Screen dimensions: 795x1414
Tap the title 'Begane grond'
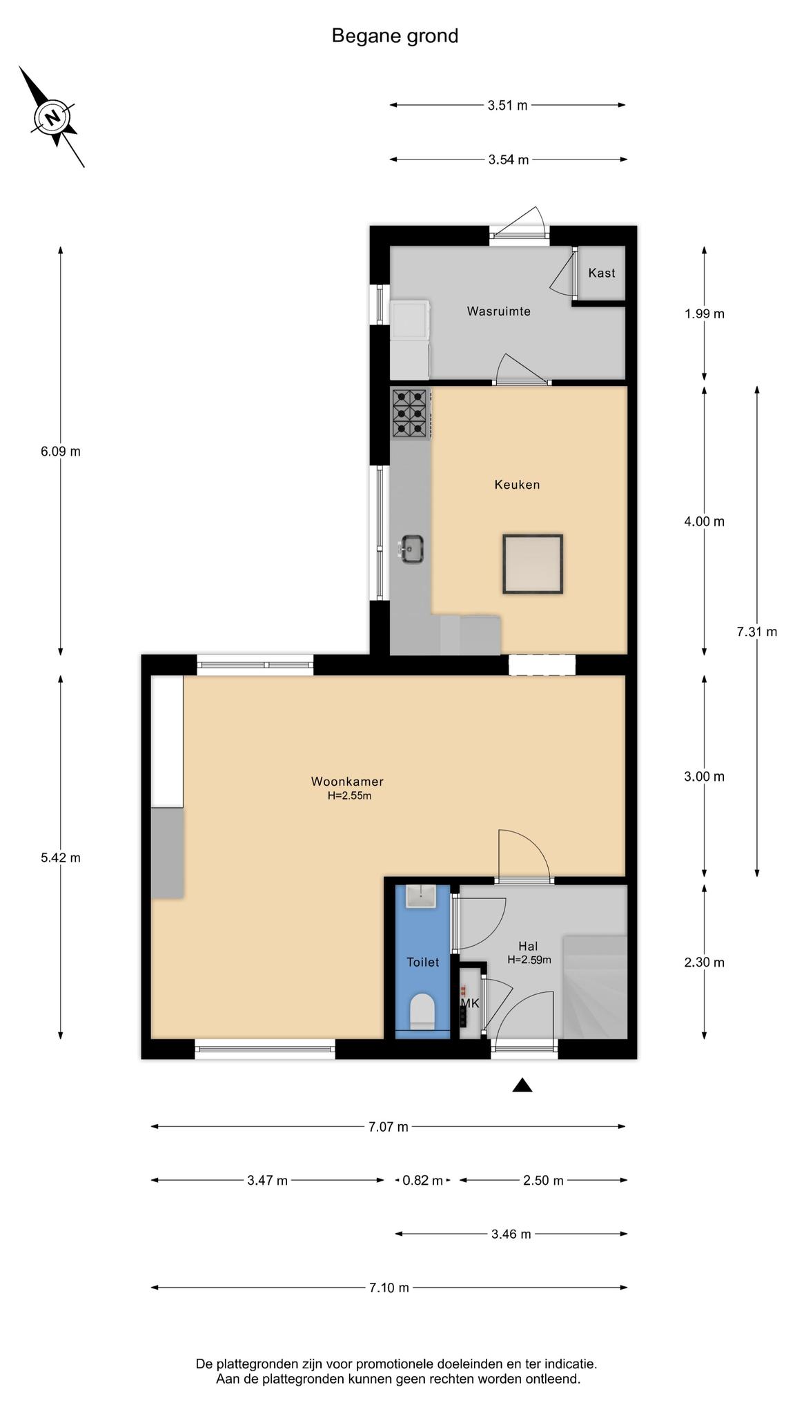(395, 36)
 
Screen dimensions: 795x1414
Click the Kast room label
(602, 273)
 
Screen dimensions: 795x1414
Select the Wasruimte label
(499, 311)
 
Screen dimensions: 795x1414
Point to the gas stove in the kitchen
(410, 413)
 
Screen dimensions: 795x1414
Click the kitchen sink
(411, 549)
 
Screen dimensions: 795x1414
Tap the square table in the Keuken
(533, 564)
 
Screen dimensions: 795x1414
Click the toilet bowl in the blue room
(422, 1011)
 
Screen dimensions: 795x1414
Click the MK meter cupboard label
(470, 1003)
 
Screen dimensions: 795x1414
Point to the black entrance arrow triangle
(522, 1085)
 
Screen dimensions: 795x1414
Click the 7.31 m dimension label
(757, 632)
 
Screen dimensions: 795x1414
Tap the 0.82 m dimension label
(423, 1181)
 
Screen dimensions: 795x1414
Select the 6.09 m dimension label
(61, 452)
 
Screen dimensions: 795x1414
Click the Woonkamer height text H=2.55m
(349, 795)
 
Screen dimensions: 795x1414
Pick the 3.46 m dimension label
(511, 1234)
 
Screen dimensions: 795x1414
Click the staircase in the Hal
(595, 987)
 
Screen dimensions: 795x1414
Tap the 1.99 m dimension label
(705, 314)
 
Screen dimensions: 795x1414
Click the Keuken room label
(517, 485)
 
